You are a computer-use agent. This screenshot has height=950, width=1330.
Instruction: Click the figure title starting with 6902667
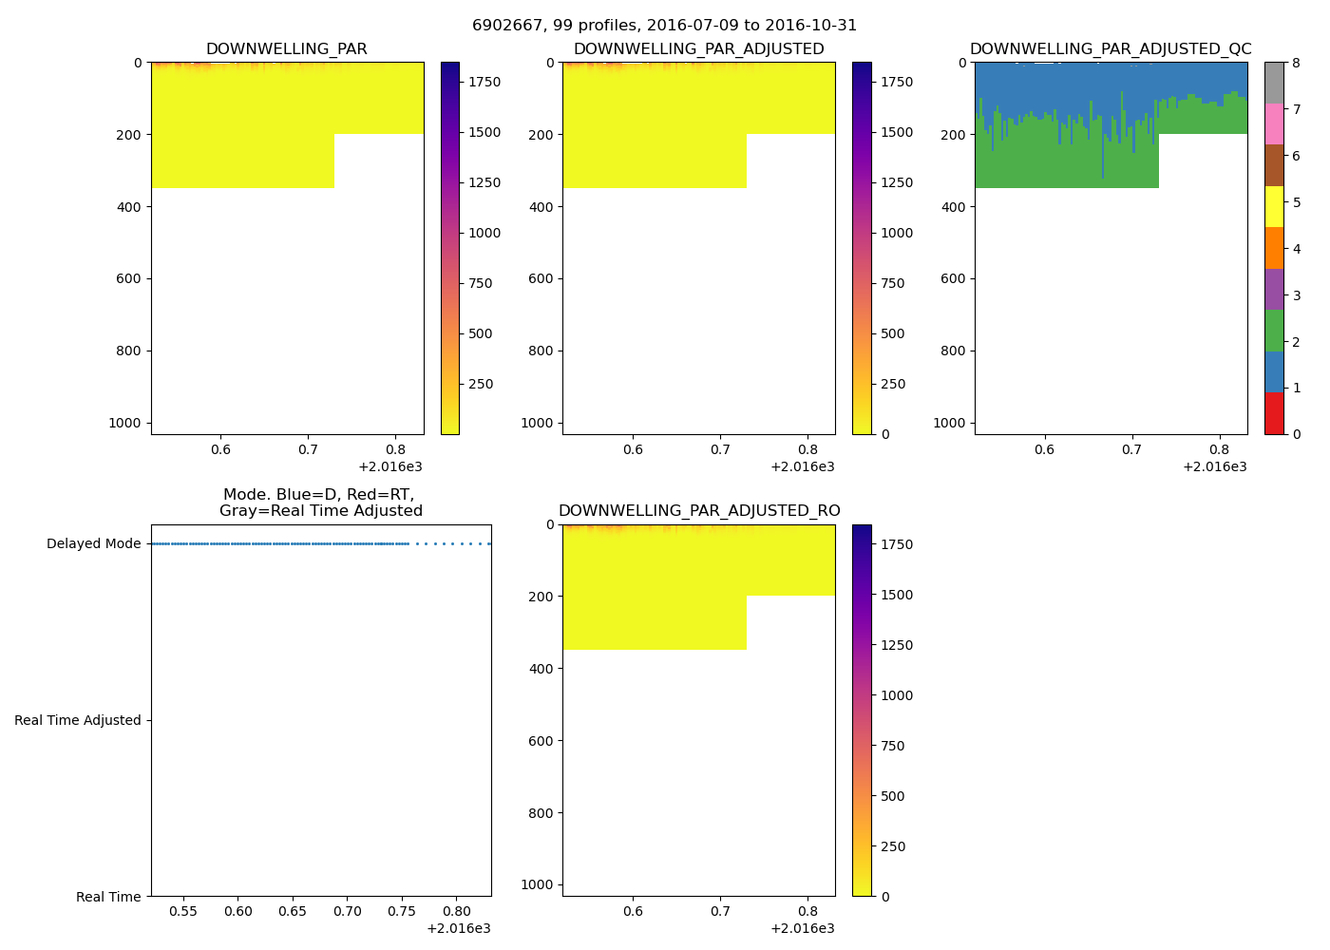tap(664, 26)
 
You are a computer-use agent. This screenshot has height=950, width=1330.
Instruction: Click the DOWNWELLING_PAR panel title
tap(286, 49)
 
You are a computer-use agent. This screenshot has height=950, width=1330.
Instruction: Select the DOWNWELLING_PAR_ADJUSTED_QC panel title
tap(1111, 49)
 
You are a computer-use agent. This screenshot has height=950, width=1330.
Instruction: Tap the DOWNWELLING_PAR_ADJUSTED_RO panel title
tap(699, 511)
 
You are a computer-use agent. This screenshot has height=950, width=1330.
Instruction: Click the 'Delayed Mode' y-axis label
tap(93, 544)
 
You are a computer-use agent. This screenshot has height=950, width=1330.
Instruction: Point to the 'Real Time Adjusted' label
tap(78, 721)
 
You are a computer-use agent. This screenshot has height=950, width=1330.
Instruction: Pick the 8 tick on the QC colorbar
tap(1296, 63)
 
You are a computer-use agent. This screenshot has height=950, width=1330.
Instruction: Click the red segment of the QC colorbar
tap(1274, 413)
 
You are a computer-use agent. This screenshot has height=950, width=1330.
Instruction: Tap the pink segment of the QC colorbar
tap(1274, 123)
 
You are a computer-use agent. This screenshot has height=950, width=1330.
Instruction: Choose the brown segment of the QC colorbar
tap(1274, 165)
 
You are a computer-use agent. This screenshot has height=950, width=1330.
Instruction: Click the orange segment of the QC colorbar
tap(1274, 248)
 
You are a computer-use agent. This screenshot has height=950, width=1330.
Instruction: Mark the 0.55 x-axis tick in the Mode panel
tap(183, 911)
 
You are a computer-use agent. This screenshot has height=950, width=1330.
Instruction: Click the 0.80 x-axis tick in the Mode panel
tap(457, 911)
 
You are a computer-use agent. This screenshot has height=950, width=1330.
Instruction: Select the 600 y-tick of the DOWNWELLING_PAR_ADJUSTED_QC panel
tap(954, 279)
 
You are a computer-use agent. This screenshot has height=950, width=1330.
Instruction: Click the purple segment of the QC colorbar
tap(1274, 289)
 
